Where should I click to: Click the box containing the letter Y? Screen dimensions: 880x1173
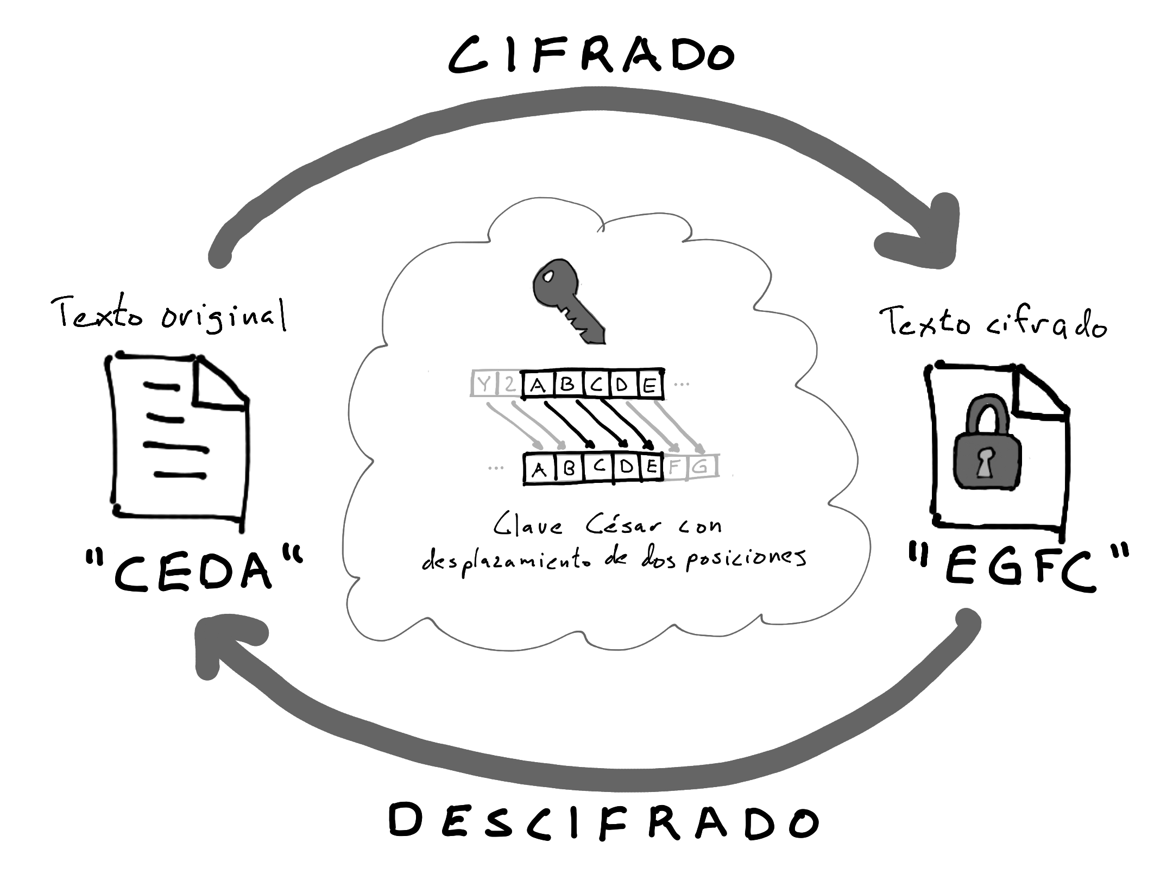(483, 385)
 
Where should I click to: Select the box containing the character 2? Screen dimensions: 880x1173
(509, 385)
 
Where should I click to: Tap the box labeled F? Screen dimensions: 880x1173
(675, 467)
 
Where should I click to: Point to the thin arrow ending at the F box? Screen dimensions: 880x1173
(652, 426)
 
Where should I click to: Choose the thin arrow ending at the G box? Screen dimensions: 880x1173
(679, 426)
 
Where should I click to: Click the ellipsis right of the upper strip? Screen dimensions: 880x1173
(682, 385)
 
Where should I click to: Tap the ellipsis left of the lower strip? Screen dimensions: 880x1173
(496, 467)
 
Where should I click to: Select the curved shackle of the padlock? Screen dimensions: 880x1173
(987, 416)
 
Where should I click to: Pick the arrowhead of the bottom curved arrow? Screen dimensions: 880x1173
(223, 641)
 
